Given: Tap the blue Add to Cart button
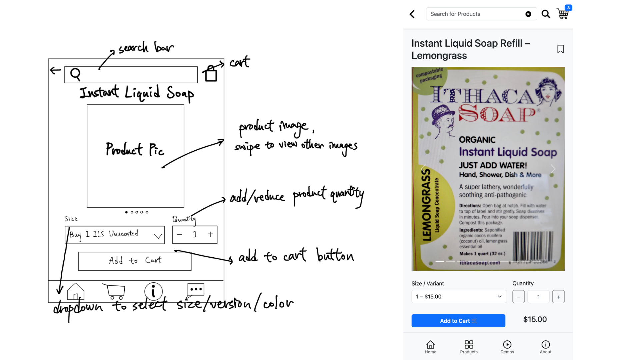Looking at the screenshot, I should (x=458, y=321).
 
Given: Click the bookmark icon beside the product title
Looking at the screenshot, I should (x=560, y=49).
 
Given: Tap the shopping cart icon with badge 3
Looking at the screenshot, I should (x=563, y=14).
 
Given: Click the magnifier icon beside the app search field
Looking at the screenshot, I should (x=546, y=14).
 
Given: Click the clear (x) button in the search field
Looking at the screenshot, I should (x=528, y=14).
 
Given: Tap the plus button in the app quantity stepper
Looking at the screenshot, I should (x=558, y=297).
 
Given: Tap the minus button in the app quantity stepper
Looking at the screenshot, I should (x=518, y=297).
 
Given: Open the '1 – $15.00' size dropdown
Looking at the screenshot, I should (x=459, y=297).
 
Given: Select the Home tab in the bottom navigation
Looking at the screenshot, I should (x=430, y=347).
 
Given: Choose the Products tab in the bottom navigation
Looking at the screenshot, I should (x=469, y=347).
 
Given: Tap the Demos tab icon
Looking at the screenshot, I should (x=507, y=347).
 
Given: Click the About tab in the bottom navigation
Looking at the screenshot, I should (x=545, y=347).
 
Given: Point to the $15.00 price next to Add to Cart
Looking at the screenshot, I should (x=535, y=319).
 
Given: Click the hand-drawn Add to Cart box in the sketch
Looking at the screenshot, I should (x=135, y=261).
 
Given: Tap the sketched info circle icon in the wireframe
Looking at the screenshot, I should (x=153, y=291).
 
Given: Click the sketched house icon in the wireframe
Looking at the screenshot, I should (x=76, y=292).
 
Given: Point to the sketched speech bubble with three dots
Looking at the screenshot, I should (x=195, y=290).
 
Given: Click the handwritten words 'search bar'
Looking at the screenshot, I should (x=146, y=48).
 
